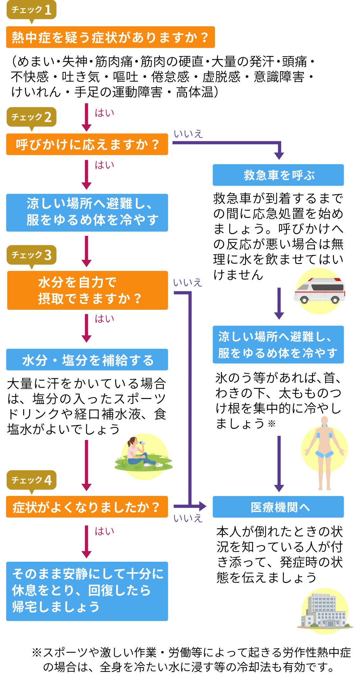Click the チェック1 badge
point(31,10)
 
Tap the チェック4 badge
point(31,480)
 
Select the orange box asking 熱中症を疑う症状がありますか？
point(110,37)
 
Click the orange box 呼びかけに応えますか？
point(87,145)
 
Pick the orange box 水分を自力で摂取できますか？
point(87,290)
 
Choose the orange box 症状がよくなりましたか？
point(87,507)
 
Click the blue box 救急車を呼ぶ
point(278,175)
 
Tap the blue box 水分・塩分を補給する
point(87,360)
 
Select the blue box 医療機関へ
point(278,507)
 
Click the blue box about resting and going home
point(87,591)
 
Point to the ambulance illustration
point(319,291)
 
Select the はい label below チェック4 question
point(104,531)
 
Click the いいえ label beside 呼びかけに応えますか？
point(188,134)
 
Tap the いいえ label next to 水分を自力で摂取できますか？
point(188,282)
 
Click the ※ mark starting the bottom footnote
point(37,653)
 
